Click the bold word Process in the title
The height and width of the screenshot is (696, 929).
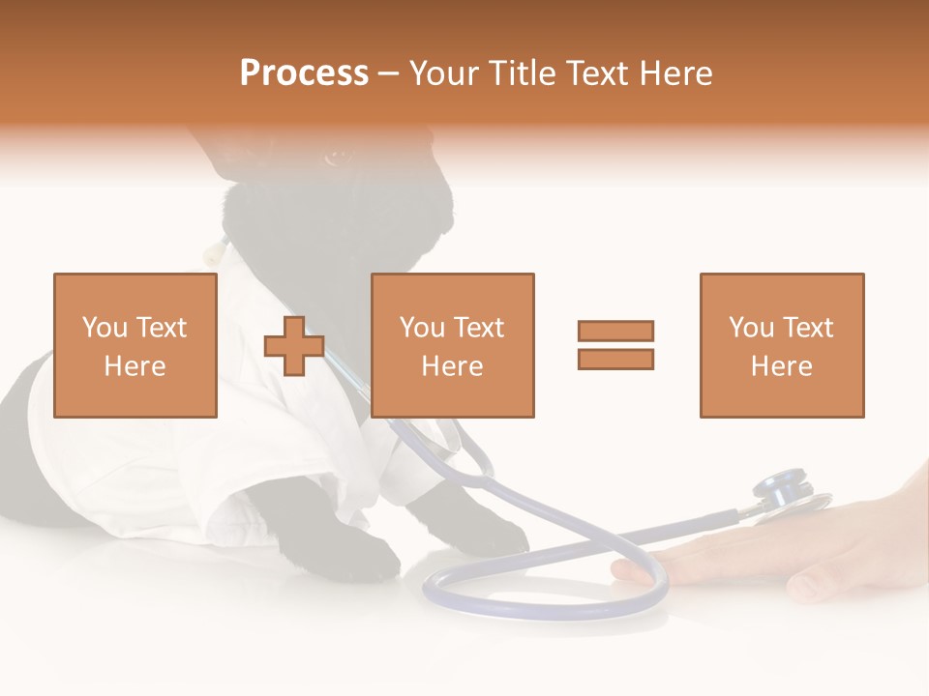coord(304,73)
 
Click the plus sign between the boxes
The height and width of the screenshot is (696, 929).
coord(294,346)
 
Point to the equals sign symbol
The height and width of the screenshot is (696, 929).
coord(615,345)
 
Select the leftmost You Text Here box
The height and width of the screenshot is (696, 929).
coord(135,345)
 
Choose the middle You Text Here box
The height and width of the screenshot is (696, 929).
coord(453,345)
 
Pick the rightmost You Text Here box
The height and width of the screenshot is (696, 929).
coord(782,345)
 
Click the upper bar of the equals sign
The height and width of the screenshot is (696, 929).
coord(615,332)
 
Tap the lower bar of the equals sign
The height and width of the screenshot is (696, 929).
coord(615,359)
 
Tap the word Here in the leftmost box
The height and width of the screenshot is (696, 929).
coord(135,366)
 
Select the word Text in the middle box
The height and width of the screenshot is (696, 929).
coord(478,328)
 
